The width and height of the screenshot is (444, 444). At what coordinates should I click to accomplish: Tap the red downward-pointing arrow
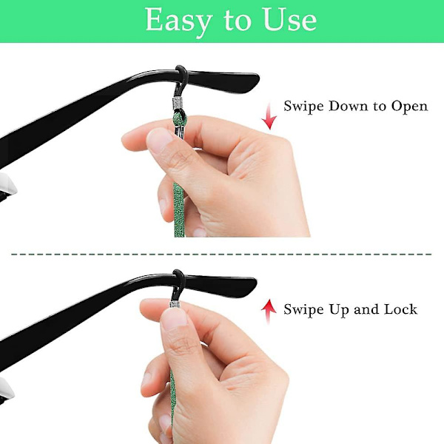[269, 117]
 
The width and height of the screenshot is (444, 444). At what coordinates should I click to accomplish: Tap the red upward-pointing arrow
[269, 312]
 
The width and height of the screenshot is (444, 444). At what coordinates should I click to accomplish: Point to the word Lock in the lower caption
[400, 309]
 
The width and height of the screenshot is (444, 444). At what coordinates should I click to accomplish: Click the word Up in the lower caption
[339, 310]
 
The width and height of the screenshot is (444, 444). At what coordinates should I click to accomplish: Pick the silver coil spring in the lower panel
[175, 304]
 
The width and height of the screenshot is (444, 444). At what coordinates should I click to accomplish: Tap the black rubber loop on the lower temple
[178, 284]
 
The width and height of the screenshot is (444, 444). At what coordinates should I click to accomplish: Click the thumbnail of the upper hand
[159, 139]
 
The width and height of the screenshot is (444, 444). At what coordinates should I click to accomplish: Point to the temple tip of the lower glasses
[252, 285]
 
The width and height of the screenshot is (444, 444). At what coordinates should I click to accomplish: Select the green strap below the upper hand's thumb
[178, 209]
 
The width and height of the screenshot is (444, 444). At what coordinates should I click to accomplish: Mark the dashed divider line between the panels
[221, 255]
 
